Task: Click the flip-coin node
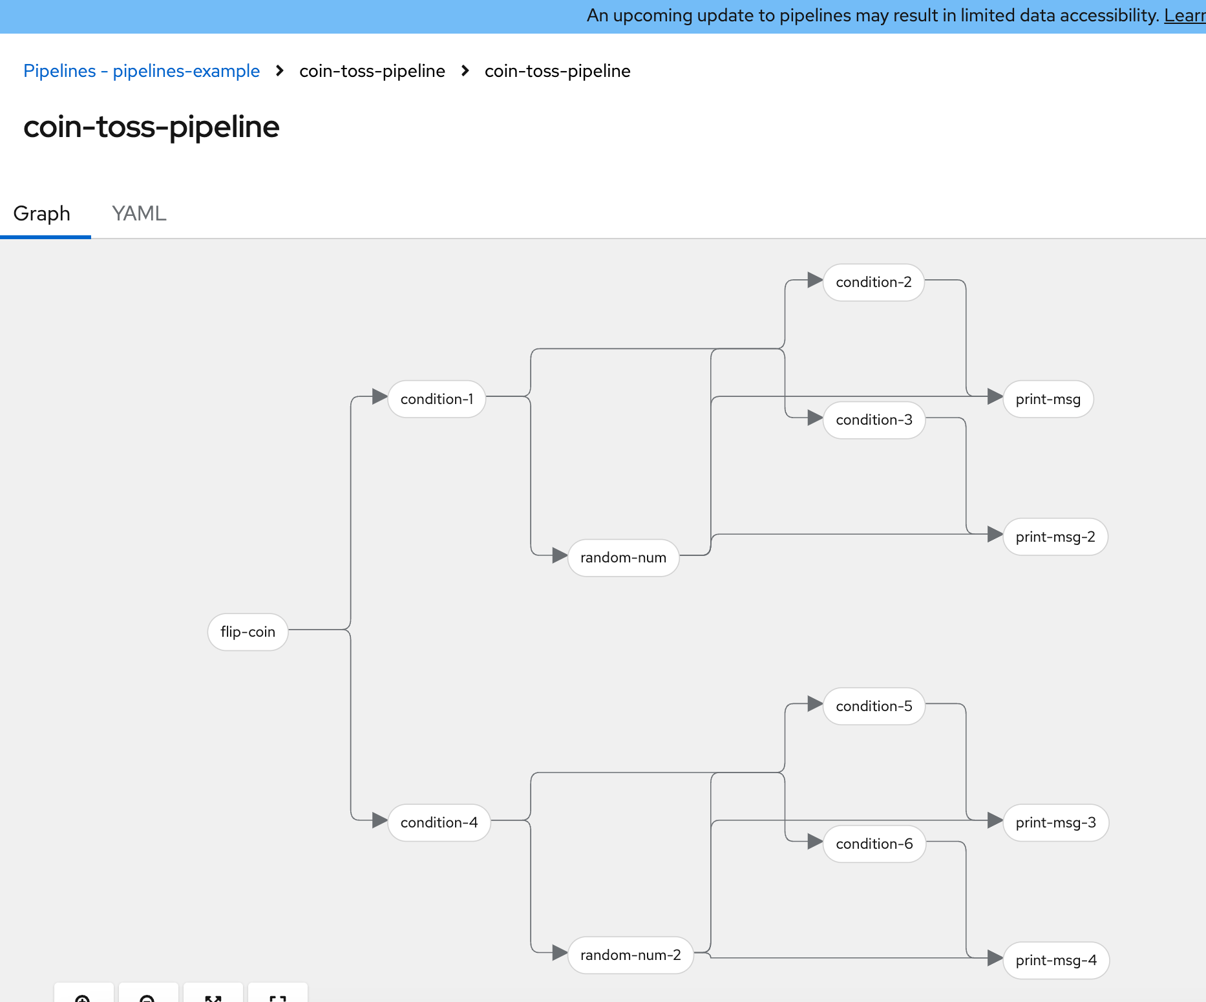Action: (x=248, y=632)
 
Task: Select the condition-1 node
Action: (x=437, y=399)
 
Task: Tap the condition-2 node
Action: (x=874, y=282)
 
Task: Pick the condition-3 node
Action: (x=874, y=420)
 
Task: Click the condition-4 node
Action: (x=439, y=822)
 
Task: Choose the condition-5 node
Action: (x=874, y=706)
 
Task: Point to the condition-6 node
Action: (x=874, y=844)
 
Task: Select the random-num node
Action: (x=624, y=557)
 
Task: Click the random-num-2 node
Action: (x=631, y=955)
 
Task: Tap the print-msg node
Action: (x=1048, y=399)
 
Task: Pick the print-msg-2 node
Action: (x=1055, y=537)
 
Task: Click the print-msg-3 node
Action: (x=1056, y=822)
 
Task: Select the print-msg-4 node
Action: (x=1056, y=960)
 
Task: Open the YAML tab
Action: (x=139, y=213)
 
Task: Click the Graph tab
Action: (x=42, y=213)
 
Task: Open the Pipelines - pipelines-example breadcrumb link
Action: (x=142, y=71)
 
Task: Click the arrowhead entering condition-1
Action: (x=380, y=397)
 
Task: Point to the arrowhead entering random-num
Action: (x=560, y=555)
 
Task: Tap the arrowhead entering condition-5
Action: (x=816, y=704)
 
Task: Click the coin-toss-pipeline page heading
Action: (x=151, y=127)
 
